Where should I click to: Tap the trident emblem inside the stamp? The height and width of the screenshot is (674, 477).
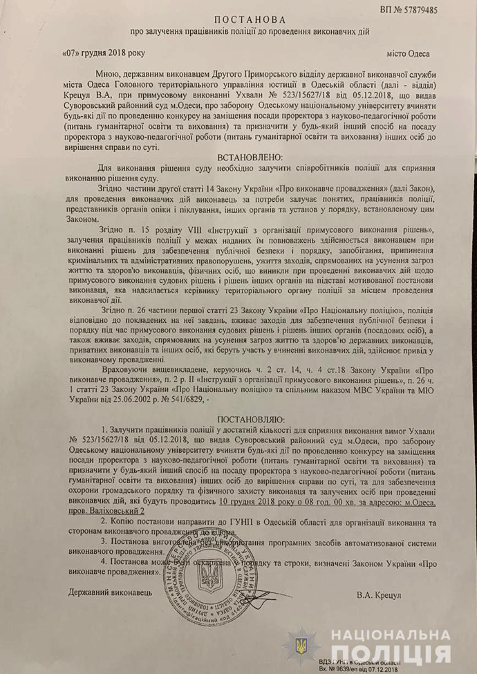[x=208, y=575]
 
